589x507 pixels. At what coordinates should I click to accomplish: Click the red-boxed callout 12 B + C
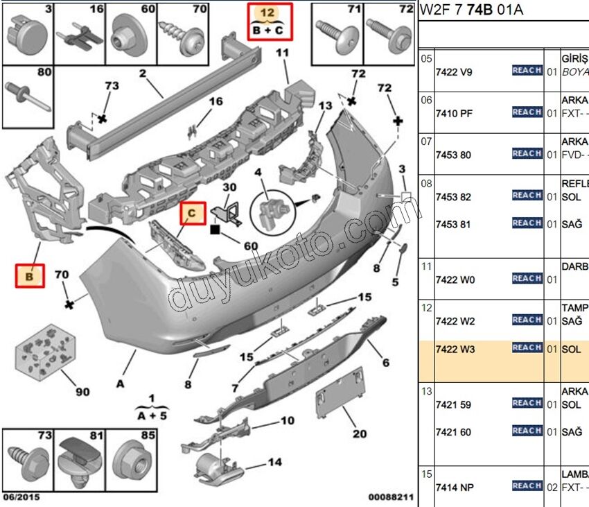[x=271, y=21]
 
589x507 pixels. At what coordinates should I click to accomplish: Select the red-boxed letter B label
[x=30, y=276]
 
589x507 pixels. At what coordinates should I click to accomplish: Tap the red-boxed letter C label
[x=193, y=213]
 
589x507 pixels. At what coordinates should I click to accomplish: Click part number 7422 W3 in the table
[x=455, y=349]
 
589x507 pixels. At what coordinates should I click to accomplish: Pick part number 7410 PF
[x=454, y=113]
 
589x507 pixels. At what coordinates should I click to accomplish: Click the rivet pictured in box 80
[x=28, y=95]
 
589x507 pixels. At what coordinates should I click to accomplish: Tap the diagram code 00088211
[x=391, y=497]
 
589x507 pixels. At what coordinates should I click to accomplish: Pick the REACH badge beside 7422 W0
[x=527, y=278]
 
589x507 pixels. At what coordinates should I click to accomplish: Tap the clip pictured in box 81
[x=80, y=458]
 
